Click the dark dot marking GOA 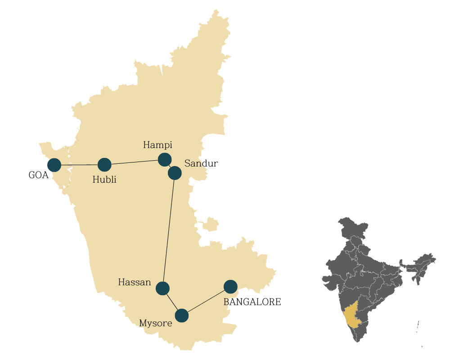(x=54, y=165)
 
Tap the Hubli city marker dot (x=104, y=165)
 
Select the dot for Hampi (x=165, y=159)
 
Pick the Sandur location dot (x=175, y=173)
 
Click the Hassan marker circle (x=162, y=288)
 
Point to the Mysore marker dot (x=182, y=316)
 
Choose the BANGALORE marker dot (x=230, y=287)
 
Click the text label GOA (x=38, y=175)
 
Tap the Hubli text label (x=104, y=180)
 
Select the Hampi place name (x=157, y=145)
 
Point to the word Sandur (x=201, y=163)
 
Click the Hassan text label (x=135, y=283)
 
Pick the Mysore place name (x=156, y=323)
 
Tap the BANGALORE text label (x=252, y=302)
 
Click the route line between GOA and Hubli (x=79, y=165)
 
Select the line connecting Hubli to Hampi (x=135, y=162)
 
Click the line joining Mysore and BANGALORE (x=206, y=301)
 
